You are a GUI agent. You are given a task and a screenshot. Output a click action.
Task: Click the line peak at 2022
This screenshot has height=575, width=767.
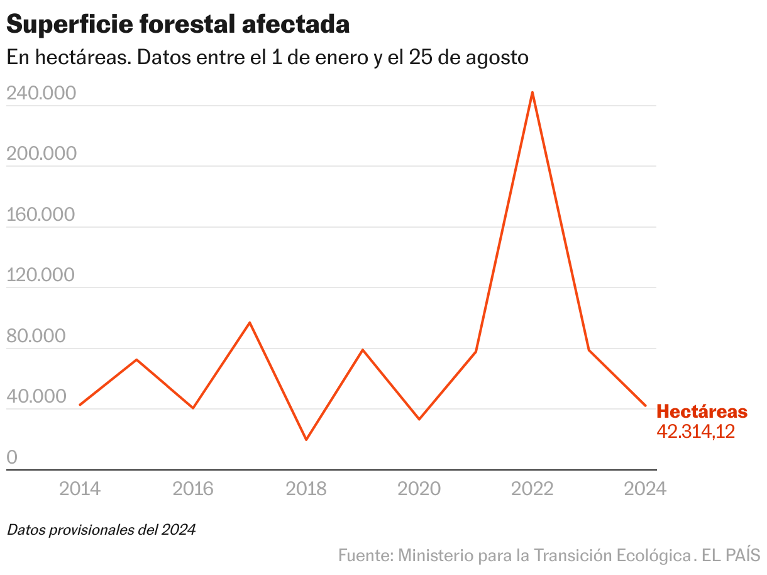(x=532, y=92)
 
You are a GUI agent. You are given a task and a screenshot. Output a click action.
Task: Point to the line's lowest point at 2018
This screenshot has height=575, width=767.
(x=306, y=440)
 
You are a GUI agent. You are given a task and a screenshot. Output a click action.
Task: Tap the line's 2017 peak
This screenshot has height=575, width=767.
(x=250, y=323)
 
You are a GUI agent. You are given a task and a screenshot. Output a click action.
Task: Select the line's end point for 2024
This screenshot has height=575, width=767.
(x=646, y=406)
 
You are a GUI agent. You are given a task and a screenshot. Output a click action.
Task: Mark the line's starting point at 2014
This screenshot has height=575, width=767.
(x=80, y=405)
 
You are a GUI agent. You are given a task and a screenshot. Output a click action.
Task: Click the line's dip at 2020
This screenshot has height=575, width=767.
(x=419, y=419)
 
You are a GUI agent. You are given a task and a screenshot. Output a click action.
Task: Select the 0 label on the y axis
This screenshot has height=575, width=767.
(x=13, y=458)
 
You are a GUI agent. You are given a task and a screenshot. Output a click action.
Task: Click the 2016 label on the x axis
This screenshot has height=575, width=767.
(x=193, y=489)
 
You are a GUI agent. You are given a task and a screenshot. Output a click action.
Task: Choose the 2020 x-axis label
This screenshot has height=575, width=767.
(x=419, y=489)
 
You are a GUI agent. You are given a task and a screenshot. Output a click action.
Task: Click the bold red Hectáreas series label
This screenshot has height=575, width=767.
(x=702, y=412)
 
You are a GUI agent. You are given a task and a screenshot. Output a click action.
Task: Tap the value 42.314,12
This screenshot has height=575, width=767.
(x=696, y=432)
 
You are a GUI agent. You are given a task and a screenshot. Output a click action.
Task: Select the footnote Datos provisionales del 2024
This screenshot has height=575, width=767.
(x=101, y=530)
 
